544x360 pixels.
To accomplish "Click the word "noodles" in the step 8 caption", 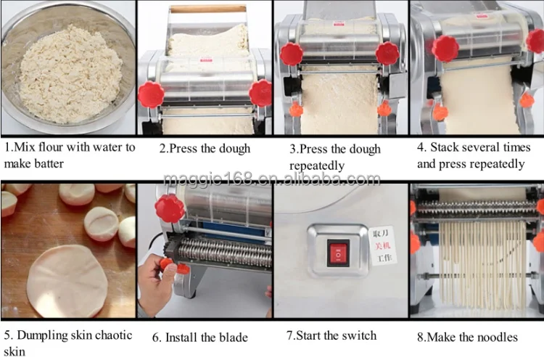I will (495, 337).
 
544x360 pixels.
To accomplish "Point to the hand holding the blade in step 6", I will (161, 279).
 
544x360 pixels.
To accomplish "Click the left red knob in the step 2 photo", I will (151, 94).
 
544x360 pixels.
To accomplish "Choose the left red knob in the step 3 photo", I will (292, 54).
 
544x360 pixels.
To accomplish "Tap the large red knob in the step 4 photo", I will (445, 48).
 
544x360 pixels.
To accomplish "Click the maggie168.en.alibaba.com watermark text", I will (271, 179).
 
